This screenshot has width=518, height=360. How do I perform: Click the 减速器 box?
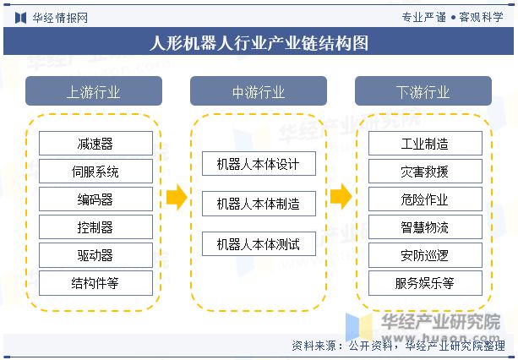pos(95,144)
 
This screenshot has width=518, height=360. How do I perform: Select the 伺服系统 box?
pos(95,171)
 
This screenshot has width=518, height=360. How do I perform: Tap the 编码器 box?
pos(95,199)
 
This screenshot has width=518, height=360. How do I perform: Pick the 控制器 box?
pos(95,226)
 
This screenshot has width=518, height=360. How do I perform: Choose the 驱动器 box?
pos(95,255)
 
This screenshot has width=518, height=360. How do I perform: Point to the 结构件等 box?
pos(95,283)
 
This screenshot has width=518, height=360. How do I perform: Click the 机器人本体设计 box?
pos(259,163)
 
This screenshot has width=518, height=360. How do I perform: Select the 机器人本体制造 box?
pos(259,204)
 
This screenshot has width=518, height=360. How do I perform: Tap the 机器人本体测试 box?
pos(259,243)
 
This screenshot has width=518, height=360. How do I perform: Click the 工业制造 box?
pos(425,144)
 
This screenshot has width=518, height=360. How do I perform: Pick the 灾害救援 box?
pos(425,171)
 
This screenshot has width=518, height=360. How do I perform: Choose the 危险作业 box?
pos(425,199)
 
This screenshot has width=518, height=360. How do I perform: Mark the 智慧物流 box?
pos(425,226)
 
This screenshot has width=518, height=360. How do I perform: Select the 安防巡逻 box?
pos(425,255)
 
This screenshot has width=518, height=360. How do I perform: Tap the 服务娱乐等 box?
pos(425,283)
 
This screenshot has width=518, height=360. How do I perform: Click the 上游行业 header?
pos(94,91)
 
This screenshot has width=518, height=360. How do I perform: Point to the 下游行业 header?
pos(423,91)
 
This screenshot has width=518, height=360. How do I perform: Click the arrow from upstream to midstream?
pos(177,197)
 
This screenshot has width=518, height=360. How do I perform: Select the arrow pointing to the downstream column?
pos(341,197)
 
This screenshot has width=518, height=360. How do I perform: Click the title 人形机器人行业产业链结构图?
pos(259,43)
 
